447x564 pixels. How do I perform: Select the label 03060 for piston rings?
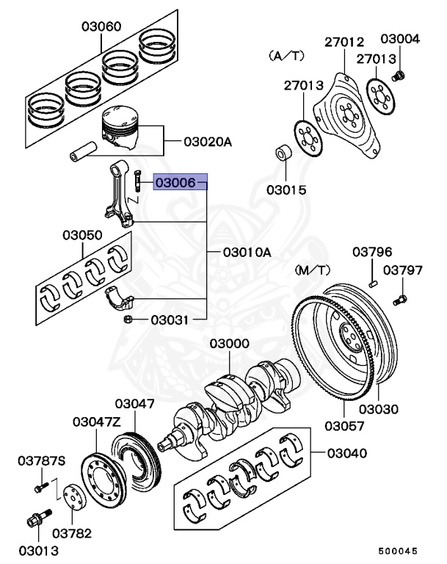point(101,27)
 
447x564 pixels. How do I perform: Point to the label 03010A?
point(245,252)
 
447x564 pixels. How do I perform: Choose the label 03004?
point(400,39)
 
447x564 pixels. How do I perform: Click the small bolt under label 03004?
point(399,75)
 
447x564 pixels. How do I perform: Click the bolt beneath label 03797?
point(400,300)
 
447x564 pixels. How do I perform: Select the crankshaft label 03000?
point(229,344)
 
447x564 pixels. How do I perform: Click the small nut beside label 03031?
point(128,319)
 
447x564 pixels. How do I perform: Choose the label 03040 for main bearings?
point(345,453)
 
